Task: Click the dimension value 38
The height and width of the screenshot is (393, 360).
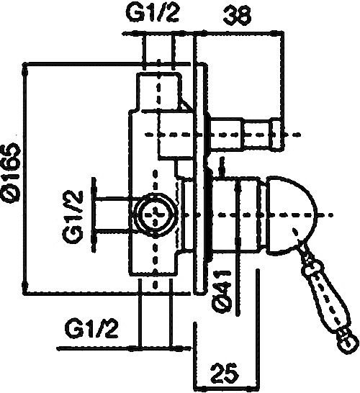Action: pos(237,16)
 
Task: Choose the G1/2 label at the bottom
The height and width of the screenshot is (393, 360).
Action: pos(91,327)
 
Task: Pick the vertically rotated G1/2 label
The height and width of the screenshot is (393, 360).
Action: pos(73,217)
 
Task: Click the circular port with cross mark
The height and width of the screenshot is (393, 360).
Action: pos(156,214)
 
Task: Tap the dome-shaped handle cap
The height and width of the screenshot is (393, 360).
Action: pos(291,215)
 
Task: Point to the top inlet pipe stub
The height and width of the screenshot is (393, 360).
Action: pos(158,91)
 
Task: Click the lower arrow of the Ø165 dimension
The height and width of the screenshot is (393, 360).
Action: pos(24,286)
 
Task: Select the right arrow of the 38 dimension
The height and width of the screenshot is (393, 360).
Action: pos(277,32)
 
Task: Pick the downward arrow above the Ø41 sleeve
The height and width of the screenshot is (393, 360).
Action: pos(221,167)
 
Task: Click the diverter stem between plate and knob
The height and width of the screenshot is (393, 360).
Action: pos(227,135)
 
